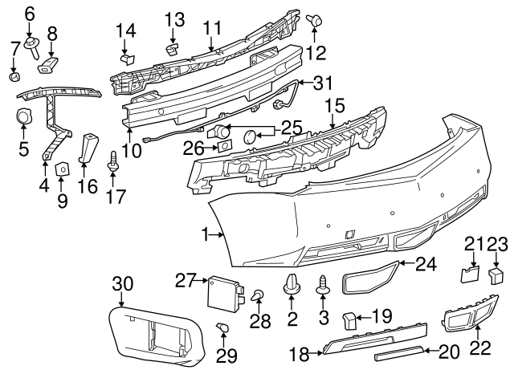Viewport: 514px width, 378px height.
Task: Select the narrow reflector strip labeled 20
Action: [397, 351]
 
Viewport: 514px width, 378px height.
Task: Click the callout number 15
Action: [334, 105]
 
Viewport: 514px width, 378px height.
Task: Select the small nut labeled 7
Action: [14, 77]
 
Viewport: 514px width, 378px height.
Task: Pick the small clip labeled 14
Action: [124, 58]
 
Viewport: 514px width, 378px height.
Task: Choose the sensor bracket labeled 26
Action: [225, 146]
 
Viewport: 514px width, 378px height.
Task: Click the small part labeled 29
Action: [223, 327]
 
